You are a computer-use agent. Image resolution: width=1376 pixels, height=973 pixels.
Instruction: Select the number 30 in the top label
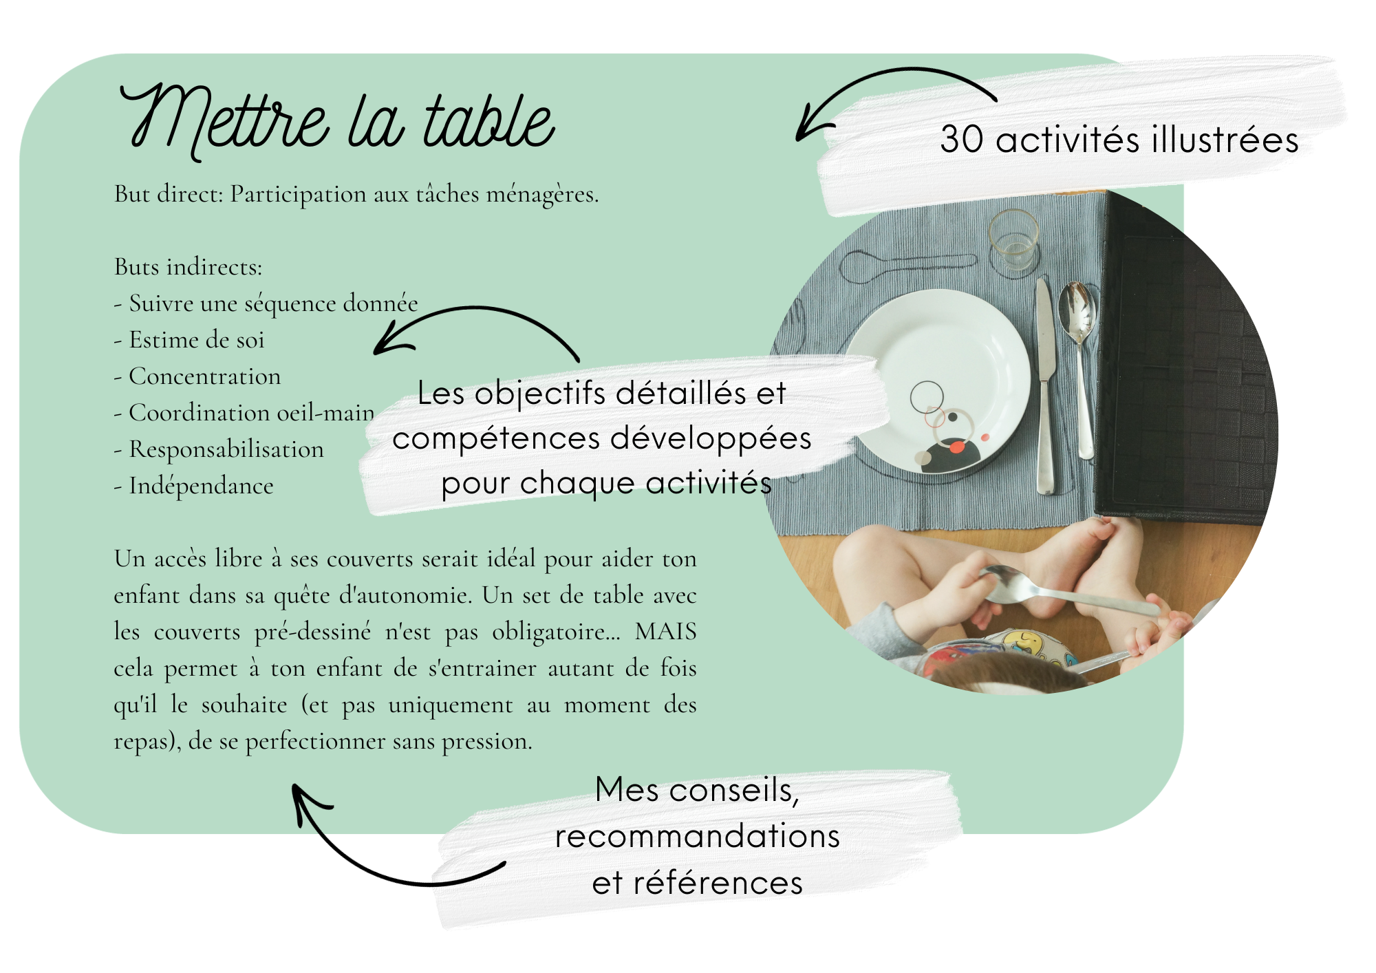point(961,140)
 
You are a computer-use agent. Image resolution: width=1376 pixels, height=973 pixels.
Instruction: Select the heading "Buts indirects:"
point(189,266)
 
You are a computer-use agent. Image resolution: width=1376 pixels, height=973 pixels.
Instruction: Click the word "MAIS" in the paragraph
point(665,631)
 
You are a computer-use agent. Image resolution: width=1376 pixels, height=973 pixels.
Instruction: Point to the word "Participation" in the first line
point(298,194)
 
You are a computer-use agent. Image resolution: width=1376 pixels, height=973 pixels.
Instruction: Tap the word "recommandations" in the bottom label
point(698,836)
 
